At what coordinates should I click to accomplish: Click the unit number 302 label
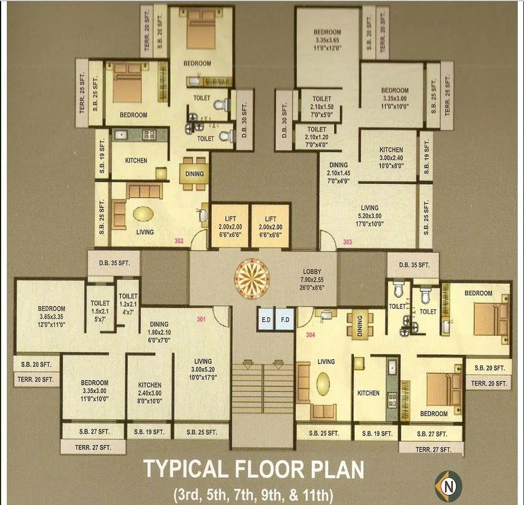point(179,241)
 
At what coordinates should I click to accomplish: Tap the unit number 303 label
point(347,243)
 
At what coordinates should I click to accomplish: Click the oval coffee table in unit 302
point(142,213)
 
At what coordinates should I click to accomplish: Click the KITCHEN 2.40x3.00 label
point(149,393)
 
